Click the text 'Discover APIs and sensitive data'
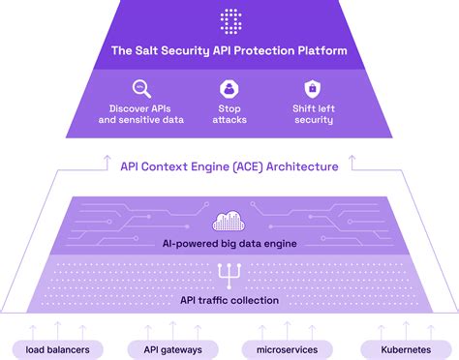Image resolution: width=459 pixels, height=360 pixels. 140,114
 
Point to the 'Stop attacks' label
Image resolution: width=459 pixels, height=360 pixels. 229,114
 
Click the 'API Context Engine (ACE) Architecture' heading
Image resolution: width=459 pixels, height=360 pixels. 229,166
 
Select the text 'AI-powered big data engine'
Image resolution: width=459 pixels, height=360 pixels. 229,244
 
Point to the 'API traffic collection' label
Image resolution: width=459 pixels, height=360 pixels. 229,300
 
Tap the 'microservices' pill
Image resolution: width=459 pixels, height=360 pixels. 288,347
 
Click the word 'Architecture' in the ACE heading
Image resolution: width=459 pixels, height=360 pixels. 305,166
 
